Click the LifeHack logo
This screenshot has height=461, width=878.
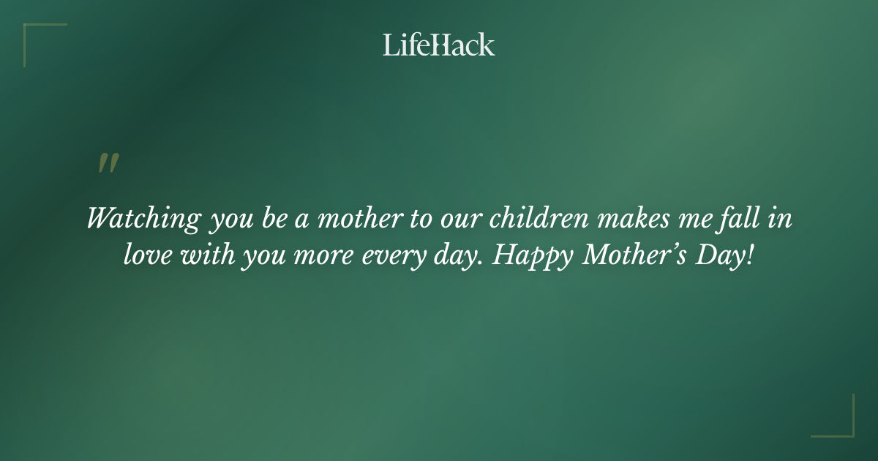(x=438, y=45)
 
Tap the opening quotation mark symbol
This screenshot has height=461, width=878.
(x=108, y=164)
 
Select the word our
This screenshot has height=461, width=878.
(x=462, y=219)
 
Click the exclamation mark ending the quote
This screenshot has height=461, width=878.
(x=748, y=255)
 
